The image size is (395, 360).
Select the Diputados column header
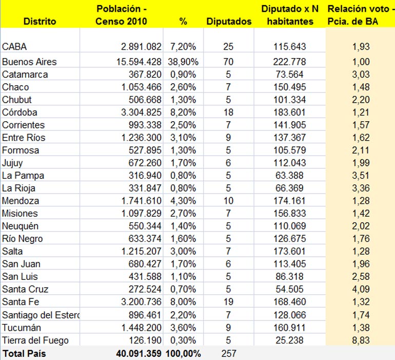click(x=229, y=22)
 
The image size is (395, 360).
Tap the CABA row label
click(x=14, y=47)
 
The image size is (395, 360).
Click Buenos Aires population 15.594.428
click(x=133, y=62)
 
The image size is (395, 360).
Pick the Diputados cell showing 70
click(x=228, y=62)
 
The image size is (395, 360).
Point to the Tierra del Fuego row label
click(x=35, y=340)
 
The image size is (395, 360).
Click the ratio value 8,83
click(x=361, y=340)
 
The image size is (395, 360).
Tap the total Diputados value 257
click(x=228, y=353)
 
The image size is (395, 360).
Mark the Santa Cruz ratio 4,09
click(x=361, y=290)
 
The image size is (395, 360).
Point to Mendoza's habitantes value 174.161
click(x=289, y=201)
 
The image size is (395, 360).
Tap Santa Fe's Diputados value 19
click(x=228, y=302)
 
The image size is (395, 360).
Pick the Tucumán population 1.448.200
click(x=136, y=328)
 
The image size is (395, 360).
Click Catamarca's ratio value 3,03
click(x=361, y=74)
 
